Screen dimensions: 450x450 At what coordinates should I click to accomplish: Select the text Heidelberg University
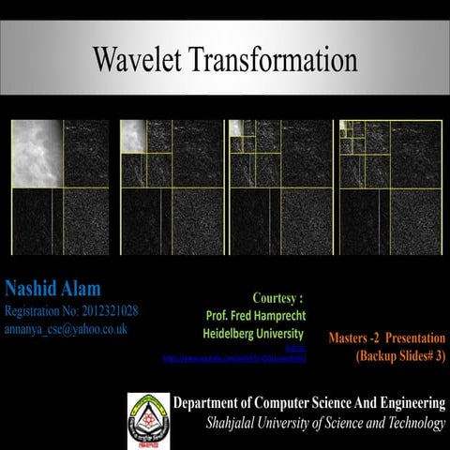[x=253, y=334]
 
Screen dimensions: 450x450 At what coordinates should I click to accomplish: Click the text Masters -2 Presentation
[x=387, y=337]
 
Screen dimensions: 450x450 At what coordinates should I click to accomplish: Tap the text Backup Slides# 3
[x=400, y=356]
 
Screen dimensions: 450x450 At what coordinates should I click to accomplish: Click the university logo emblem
[x=148, y=414]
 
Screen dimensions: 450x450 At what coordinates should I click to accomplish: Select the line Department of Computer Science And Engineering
[x=309, y=404]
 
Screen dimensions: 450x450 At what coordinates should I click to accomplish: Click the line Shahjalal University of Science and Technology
[x=325, y=424]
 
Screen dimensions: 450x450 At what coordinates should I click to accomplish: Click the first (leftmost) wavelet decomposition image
[x=59, y=187]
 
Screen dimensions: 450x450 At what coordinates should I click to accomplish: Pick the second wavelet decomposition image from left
[x=170, y=187]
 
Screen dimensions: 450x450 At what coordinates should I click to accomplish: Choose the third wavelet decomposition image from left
[x=279, y=187]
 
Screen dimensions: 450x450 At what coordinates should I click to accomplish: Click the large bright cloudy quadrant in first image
[x=36, y=153]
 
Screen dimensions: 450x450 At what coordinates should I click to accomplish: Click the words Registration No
[x=37, y=310]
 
